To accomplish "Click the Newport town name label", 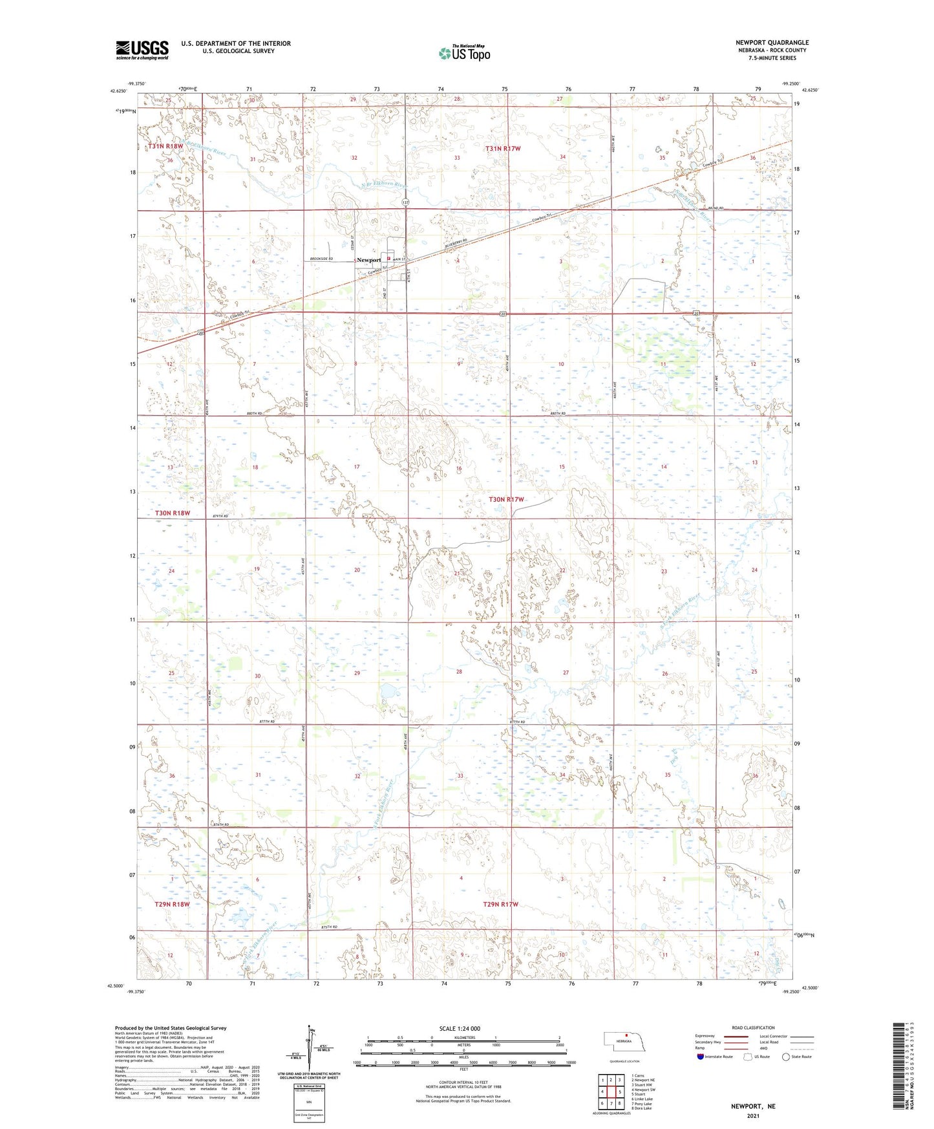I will click(x=368, y=260).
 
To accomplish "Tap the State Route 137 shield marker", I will click(x=405, y=202).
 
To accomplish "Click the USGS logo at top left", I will click(x=142, y=50).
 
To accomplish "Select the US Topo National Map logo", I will click(x=464, y=52).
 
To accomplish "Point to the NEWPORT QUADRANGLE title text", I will click(x=772, y=43).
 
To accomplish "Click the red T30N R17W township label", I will click(x=506, y=499).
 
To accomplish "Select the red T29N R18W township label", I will click(x=173, y=904).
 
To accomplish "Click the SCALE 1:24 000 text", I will click(x=460, y=1028).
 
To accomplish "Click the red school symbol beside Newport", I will click(x=388, y=258).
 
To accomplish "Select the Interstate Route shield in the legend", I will click(x=700, y=1057).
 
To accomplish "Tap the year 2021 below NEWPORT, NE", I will click(x=752, y=1116).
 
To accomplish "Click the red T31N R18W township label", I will click(x=166, y=147).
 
